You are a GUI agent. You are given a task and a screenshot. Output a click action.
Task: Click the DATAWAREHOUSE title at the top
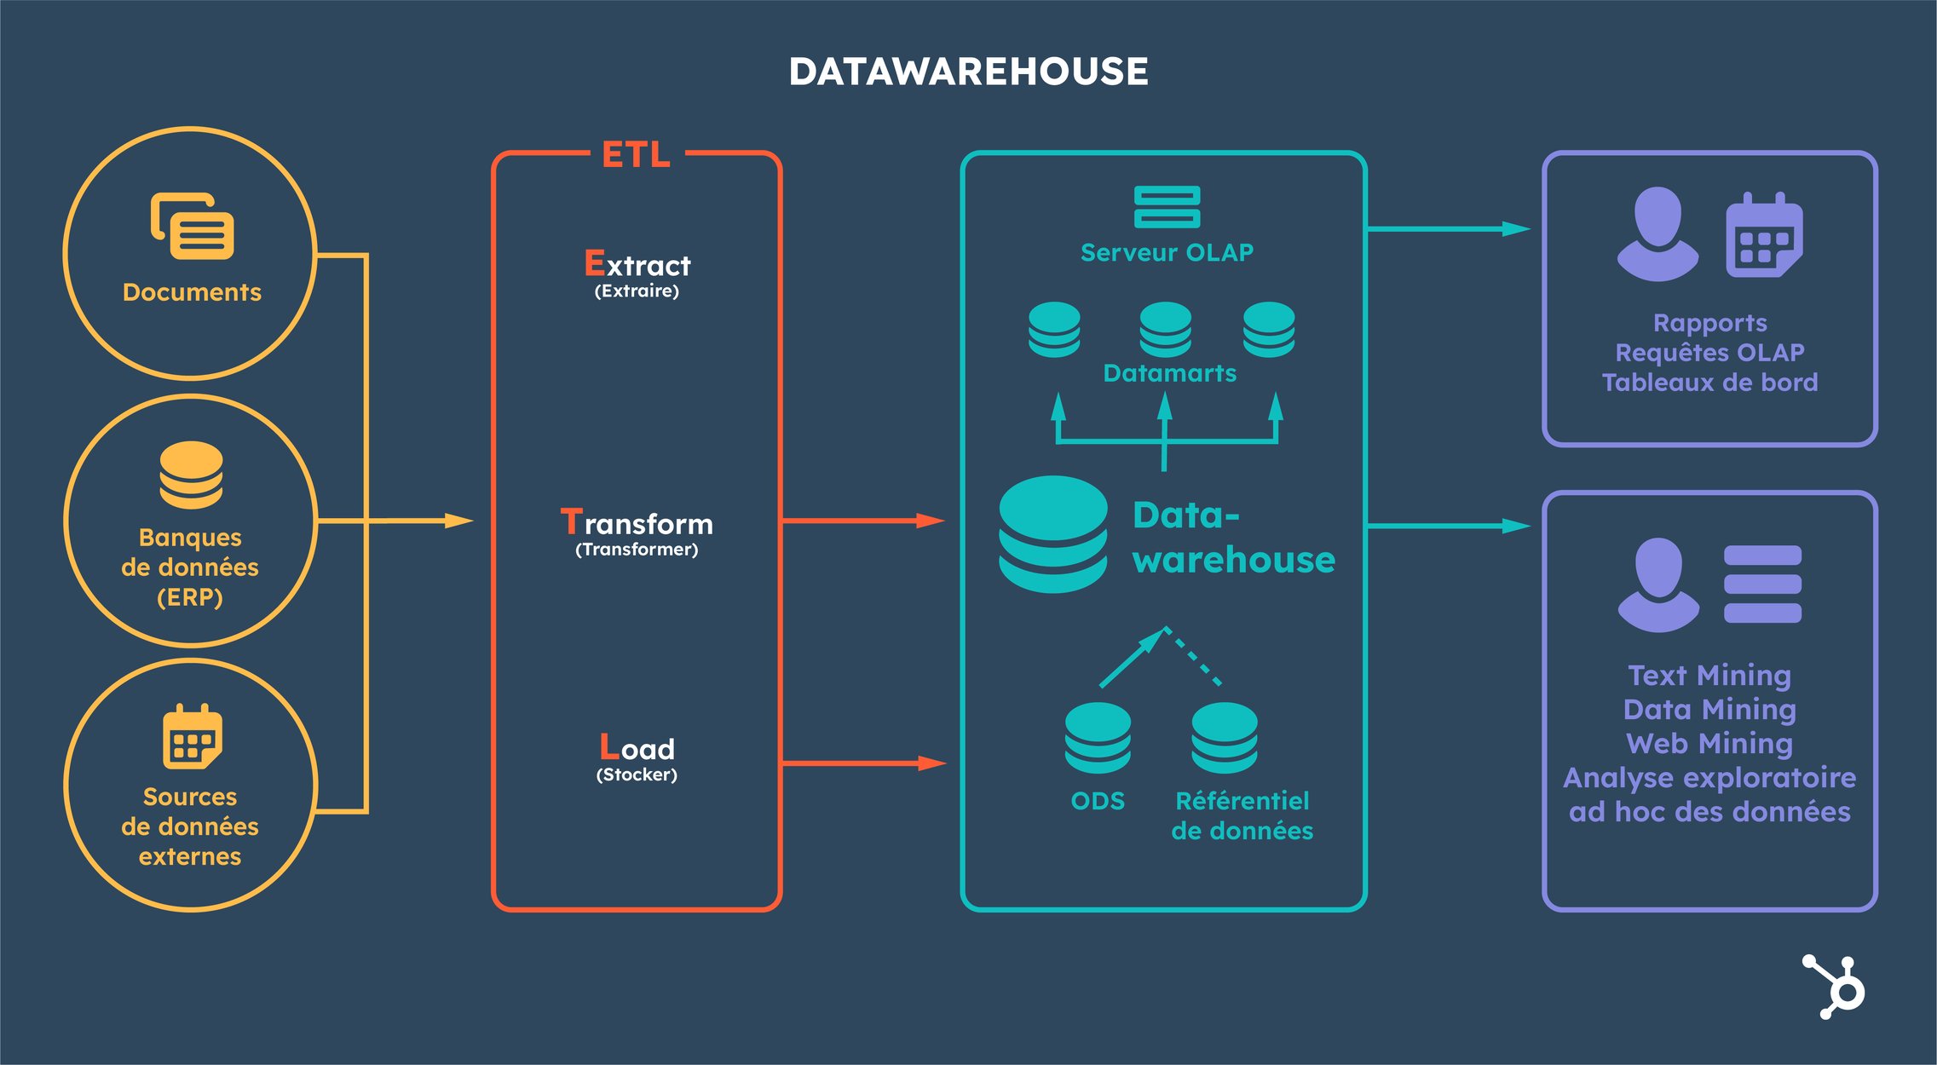pos(968,72)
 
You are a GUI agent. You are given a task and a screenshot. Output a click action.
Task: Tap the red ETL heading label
pos(636,155)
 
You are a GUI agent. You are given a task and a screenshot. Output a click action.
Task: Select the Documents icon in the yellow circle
pos(193,226)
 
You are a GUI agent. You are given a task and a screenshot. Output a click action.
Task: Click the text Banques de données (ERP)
pos(190,567)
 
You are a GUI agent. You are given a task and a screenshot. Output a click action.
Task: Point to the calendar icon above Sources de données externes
pos(193,736)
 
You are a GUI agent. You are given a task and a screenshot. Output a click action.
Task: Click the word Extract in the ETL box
pos(637,265)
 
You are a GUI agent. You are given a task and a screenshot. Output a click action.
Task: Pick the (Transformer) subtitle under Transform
pos(637,550)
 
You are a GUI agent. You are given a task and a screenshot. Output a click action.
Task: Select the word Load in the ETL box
pos(637,748)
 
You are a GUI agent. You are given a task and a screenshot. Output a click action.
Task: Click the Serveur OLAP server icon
pos(1167,207)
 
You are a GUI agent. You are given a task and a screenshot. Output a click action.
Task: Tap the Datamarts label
pos(1169,373)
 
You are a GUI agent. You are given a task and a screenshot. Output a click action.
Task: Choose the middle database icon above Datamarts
pos(1165,329)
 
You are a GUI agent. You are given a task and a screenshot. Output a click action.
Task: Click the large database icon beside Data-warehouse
pos(1053,534)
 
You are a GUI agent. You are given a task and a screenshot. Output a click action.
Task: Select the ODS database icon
pos(1098,738)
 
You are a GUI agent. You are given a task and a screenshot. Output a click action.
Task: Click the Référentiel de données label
pos(1242,815)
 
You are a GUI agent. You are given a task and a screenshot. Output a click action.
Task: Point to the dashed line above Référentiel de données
pos(1195,657)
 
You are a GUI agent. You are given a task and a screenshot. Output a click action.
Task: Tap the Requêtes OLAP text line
pos(1709,353)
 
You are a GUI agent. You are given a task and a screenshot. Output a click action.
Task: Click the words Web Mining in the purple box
pos(1709,744)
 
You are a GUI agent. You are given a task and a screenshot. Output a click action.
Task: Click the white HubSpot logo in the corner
pos(1835,987)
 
